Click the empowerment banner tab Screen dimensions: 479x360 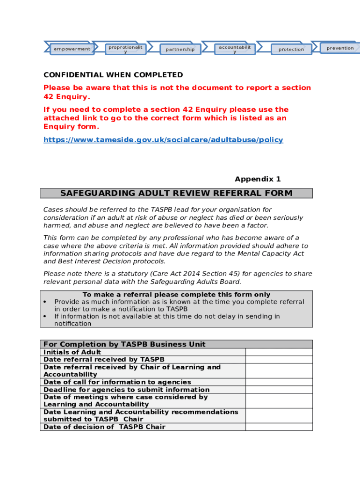coord(72,49)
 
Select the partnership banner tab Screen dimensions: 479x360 coord(180,49)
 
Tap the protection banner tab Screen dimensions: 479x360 coord(291,49)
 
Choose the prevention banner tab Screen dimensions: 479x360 coord(340,48)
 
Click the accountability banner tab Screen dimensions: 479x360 coord(235,49)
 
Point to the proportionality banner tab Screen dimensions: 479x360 coord(125,49)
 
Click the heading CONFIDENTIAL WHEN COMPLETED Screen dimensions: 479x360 coord(113,75)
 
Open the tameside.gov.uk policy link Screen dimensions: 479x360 coord(163,140)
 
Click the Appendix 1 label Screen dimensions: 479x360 coord(258,179)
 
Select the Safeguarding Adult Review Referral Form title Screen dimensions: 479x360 coord(176,193)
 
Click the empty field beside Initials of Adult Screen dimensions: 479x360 coord(279,352)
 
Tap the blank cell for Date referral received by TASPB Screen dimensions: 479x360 coord(279,360)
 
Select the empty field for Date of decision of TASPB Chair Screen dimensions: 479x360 coord(279,427)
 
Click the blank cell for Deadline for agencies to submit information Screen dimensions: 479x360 coord(279,390)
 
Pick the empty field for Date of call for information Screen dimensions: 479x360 coord(279,382)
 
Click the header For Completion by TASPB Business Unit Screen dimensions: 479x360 coord(124,344)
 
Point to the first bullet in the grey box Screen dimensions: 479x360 coord(45,302)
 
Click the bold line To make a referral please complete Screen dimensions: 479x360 coord(176,295)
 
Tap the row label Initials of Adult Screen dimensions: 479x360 coord(72,352)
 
